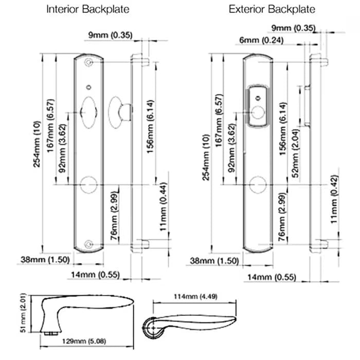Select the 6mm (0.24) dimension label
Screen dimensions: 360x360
261,40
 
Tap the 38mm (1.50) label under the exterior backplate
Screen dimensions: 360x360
214,261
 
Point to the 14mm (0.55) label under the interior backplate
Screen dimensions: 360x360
94,275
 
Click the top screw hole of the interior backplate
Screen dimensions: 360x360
91,62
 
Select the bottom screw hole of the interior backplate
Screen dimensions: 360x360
91,245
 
